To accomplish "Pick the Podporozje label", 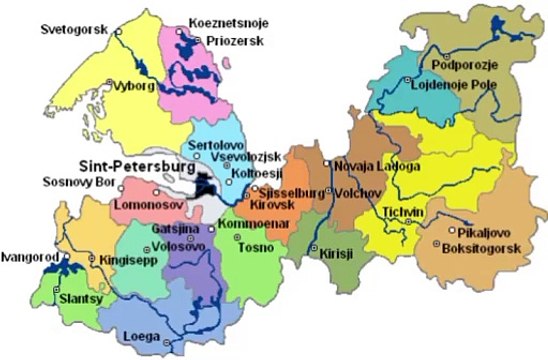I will [463, 66].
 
